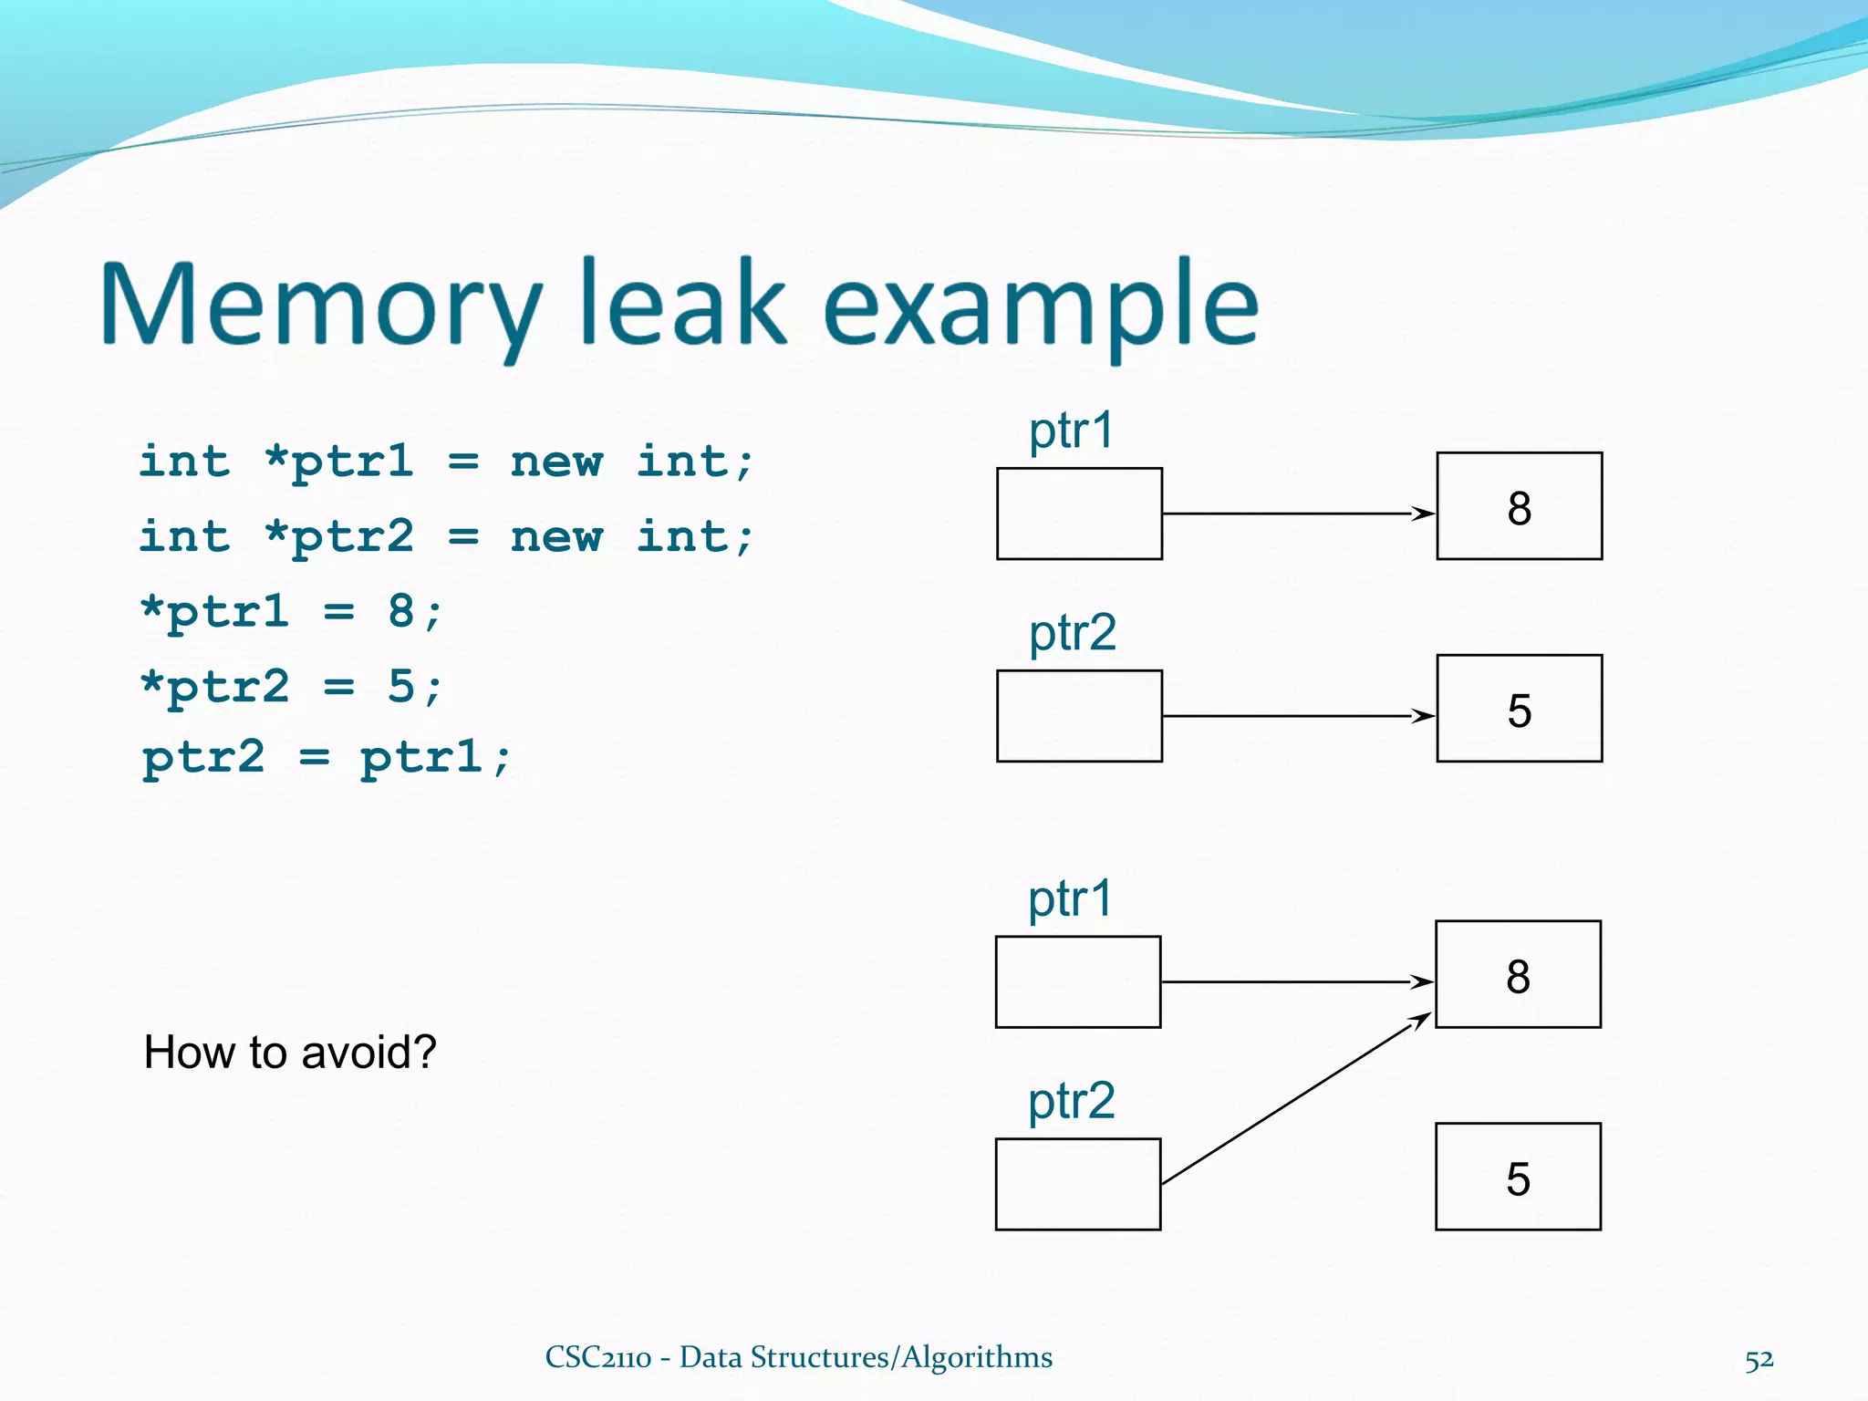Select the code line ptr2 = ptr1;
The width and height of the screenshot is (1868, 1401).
click(327, 757)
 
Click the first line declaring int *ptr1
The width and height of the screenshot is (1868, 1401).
click(447, 462)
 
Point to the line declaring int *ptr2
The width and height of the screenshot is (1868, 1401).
click(447, 536)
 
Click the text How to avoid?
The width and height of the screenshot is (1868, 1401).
click(290, 1052)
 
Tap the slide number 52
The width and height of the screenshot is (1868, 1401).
click(1759, 1360)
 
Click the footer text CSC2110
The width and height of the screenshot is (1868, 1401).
click(597, 1357)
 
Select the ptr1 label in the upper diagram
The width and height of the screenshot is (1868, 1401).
click(1071, 431)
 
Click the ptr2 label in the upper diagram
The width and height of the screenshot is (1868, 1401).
click(1072, 633)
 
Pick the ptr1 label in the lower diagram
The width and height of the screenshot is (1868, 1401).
click(1070, 898)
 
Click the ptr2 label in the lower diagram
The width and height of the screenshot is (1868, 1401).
click(1071, 1101)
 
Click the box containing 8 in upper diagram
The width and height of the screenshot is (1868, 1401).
click(1519, 506)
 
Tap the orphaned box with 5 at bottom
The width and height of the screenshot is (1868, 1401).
click(1518, 1177)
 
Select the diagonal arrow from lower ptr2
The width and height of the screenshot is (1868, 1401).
click(1295, 1099)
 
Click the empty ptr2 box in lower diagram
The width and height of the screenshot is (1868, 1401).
click(1078, 1184)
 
